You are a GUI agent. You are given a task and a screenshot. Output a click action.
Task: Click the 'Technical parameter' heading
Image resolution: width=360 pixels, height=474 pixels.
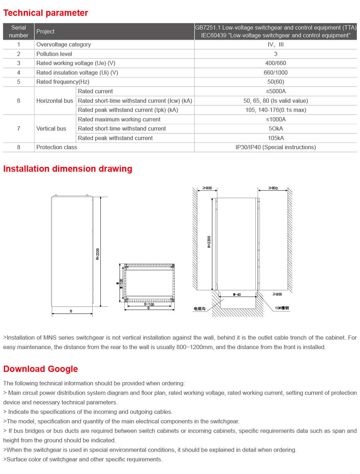pyautogui.click(x=45, y=13)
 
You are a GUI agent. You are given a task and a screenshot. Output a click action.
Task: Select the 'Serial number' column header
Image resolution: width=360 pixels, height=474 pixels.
pyautogui.click(x=19, y=31)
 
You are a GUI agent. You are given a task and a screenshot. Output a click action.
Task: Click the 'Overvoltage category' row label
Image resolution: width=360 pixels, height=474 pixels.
pyautogui.click(x=63, y=44)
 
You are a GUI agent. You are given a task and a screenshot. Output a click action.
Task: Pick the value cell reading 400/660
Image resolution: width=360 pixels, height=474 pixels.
pyautogui.click(x=275, y=63)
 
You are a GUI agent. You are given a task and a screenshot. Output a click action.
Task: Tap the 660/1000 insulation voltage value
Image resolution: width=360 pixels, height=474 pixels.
pyautogui.click(x=275, y=72)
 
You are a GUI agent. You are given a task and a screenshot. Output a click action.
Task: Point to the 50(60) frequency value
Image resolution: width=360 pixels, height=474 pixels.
pyautogui.click(x=275, y=82)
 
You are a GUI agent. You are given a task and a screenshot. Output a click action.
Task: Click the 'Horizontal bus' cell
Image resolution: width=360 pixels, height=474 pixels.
pyautogui.click(x=55, y=101)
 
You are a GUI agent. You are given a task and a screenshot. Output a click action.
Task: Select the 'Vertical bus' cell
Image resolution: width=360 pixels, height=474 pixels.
pyautogui.click(x=51, y=128)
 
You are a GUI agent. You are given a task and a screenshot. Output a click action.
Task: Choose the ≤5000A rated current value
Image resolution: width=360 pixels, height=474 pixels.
pyautogui.click(x=275, y=91)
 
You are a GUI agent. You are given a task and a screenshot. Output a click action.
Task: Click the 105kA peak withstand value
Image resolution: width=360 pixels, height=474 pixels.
pyautogui.click(x=276, y=138)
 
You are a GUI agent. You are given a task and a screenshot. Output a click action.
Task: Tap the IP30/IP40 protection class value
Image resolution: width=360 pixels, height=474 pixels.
pyautogui.click(x=275, y=147)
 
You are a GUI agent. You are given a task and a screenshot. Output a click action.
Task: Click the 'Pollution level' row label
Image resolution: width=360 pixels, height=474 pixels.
pyautogui.click(x=54, y=54)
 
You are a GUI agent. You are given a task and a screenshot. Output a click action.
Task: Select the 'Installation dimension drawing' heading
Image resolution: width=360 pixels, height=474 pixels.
pyautogui.click(x=68, y=169)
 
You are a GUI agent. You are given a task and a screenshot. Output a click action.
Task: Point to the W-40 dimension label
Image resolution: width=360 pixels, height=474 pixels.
pyautogui.click(x=237, y=295)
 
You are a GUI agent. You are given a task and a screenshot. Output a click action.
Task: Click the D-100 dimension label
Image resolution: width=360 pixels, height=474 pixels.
pyautogui.click(x=149, y=304)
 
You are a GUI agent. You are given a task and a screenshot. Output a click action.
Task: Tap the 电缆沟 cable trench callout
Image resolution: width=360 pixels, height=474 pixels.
pyautogui.click(x=199, y=309)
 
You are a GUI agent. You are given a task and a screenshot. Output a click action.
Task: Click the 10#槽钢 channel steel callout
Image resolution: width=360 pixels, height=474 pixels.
pyautogui.click(x=282, y=308)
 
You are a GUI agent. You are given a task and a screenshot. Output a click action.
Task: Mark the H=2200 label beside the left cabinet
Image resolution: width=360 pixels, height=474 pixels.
pyautogui.click(x=98, y=254)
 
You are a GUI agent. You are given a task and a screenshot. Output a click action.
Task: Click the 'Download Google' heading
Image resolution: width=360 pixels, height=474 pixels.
pyautogui.click(x=41, y=369)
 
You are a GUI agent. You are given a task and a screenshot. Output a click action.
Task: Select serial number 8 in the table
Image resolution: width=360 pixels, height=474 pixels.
pyautogui.click(x=19, y=147)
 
